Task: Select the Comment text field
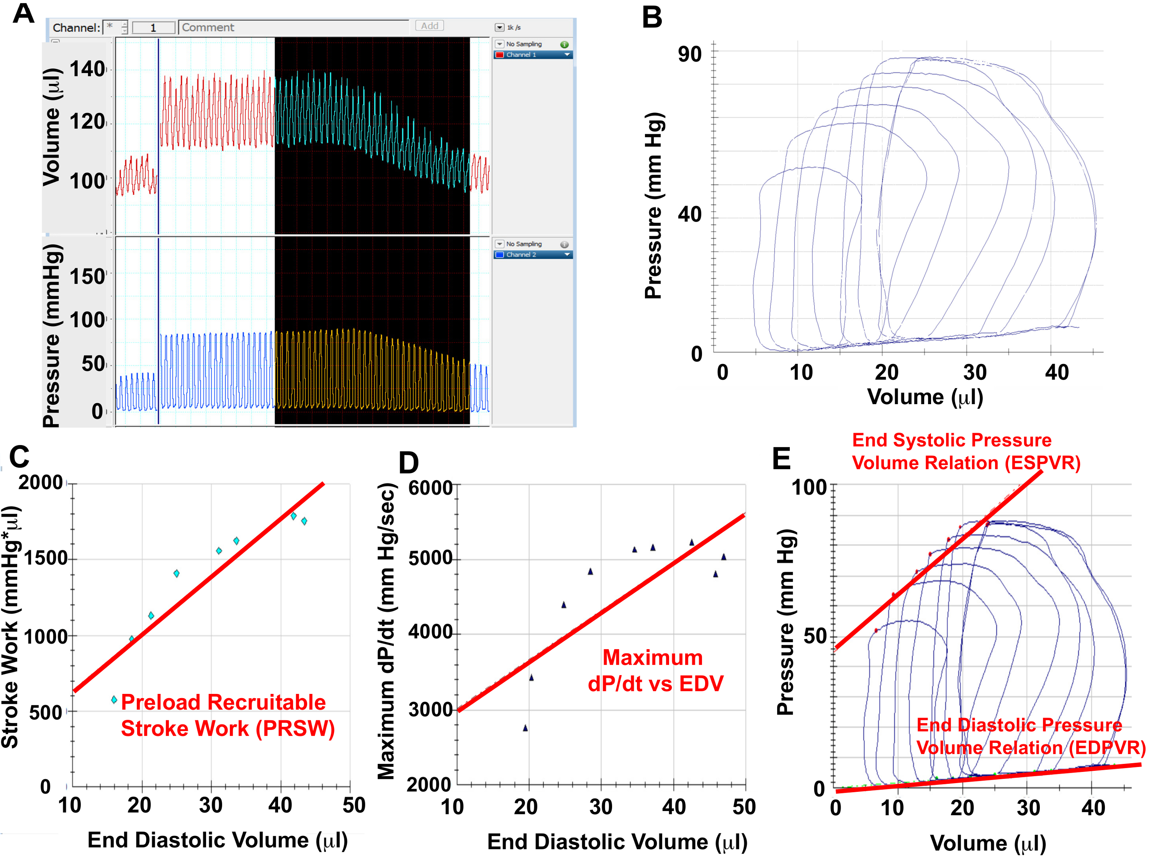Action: (x=293, y=28)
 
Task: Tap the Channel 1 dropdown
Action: (x=533, y=54)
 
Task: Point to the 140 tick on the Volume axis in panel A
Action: (x=88, y=69)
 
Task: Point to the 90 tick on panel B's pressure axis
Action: (x=690, y=54)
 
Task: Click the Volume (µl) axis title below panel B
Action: (x=925, y=397)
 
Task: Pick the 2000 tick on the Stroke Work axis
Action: (x=41, y=482)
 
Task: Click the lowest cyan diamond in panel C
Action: (x=114, y=700)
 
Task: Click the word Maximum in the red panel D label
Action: (x=652, y=658)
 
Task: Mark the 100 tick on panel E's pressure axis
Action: (x=809, y=487)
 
